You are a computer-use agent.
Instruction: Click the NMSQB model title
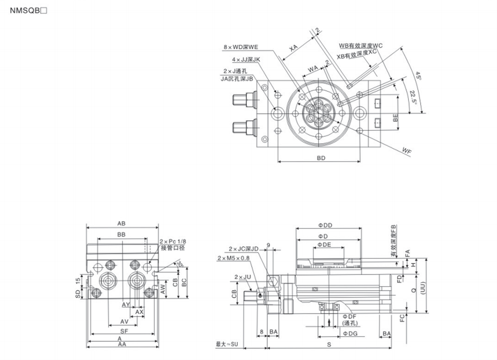pyautogui.click(x=33, y=11)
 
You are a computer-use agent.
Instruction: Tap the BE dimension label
pyautogui.click(x=395, y=119)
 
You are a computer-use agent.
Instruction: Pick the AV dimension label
pyautogui.click(x=124, y=322)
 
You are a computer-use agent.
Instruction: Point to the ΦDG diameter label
pyautogui.click(x=350, y=334)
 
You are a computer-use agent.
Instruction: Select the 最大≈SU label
pyautogui.click(x=228, y=345)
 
